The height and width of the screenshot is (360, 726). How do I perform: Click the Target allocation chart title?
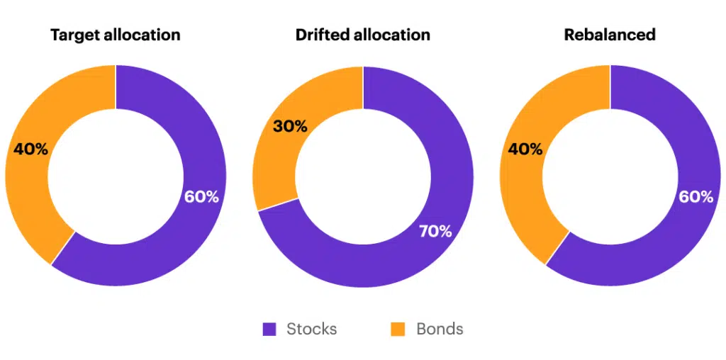tap(116, 35)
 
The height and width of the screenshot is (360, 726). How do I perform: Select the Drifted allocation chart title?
tap(363, 35)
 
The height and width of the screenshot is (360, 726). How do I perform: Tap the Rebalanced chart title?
tap(610, 35)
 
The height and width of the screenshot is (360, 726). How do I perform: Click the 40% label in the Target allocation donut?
tap(31, 150)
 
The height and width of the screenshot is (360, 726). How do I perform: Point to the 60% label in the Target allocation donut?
tap(201, 197)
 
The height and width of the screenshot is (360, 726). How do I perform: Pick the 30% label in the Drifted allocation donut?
tap(290, 127)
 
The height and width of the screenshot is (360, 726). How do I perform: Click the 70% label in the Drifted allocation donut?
tap(435, 231)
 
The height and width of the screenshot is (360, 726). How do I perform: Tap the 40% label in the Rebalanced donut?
tap(525, 150)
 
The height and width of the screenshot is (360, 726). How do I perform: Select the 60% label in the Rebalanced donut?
tap(696, 197)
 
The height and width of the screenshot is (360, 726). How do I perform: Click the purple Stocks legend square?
tap(269, 330)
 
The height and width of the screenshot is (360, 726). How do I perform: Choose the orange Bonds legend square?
tap(398, 330)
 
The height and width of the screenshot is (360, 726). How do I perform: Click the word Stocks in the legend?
tap(311, 330)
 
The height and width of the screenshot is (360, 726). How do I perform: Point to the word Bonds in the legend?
tap(440, 330)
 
